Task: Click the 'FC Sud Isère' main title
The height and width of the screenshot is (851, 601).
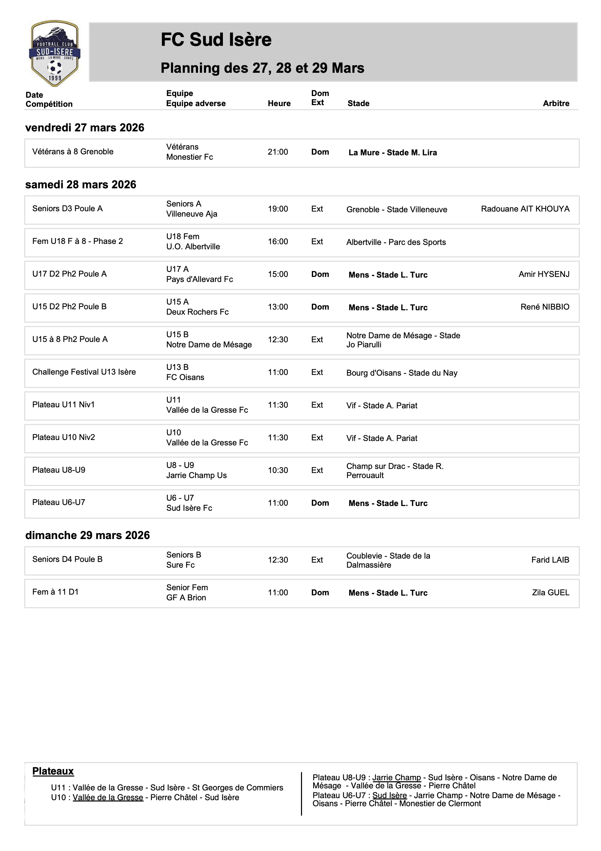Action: tap(216, 40)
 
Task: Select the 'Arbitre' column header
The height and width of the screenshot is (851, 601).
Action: tap(556, 103)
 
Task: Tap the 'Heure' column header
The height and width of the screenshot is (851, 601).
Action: tap(279, 103)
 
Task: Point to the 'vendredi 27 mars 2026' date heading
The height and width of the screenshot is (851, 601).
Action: tap(85, 127)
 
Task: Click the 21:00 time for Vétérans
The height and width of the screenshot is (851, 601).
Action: tap(277, 152)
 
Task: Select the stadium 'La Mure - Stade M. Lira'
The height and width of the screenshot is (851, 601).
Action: tap(392, 153)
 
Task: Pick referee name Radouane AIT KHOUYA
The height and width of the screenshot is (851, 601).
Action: tap(525, 209)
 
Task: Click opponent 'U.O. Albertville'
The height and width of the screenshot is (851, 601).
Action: tap(193, 247)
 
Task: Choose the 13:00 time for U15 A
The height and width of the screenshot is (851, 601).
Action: tap(277, 307)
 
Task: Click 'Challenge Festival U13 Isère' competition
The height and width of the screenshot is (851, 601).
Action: tap(84, 372)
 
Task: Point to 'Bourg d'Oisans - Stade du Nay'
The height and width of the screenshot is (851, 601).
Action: tap(402, 373)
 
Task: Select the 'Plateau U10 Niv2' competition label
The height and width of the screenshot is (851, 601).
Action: tap(64, 437)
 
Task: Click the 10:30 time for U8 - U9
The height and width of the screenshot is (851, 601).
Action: tap(277, 470)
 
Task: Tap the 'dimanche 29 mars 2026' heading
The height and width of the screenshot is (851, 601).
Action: tap(88, 535)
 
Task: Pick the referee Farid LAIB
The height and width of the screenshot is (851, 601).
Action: tap(550, 560)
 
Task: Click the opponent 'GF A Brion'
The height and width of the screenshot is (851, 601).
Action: tap(186, 598)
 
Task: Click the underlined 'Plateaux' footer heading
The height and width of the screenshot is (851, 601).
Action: tap(53, 771)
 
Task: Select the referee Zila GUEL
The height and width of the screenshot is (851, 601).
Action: tap(550, 593)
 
